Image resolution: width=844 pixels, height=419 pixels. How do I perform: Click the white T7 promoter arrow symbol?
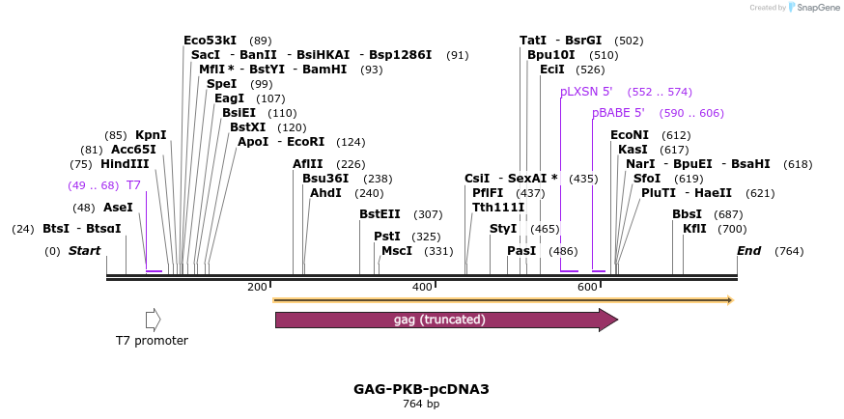[153, 320]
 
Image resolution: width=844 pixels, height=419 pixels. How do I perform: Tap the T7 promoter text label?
[152, 340]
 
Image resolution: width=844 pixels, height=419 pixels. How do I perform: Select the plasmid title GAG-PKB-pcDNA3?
[421, 389]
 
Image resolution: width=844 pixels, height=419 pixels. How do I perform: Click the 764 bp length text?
[421, 404]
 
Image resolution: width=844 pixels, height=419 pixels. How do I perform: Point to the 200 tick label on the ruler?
[257, 287]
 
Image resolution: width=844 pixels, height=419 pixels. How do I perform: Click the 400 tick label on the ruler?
[422, 287]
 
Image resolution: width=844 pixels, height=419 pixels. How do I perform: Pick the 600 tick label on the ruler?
[587, 287]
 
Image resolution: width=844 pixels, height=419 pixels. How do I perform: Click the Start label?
[84, 251]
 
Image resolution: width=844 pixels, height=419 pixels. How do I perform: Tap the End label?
[748, 251]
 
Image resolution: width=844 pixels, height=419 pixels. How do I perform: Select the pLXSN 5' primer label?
[586, 92]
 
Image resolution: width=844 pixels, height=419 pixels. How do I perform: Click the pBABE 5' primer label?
[618, 113]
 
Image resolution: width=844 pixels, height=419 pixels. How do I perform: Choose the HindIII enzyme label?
[125, 164]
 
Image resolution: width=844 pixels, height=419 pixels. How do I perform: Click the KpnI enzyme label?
[151, 134]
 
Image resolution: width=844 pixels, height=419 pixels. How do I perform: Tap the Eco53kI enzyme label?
[210, 41]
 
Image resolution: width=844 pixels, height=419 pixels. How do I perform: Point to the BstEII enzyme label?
[380, 214]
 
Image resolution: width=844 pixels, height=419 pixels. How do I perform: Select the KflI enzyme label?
[694, 229]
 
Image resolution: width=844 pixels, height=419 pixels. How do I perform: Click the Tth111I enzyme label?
[498, 207]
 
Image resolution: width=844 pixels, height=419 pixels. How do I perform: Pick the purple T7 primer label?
[133, 184]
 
